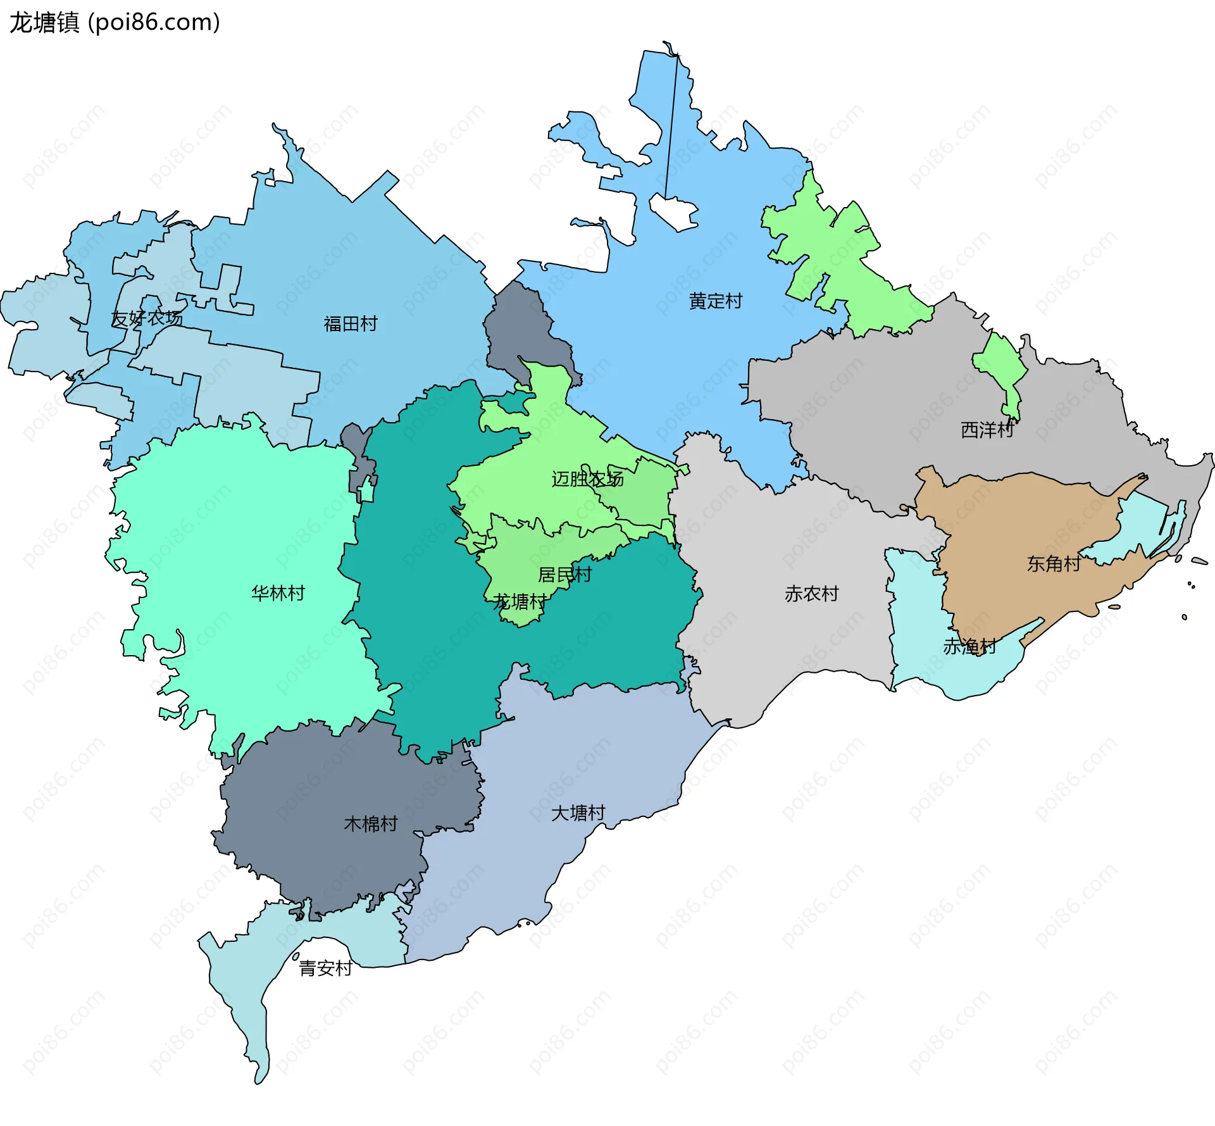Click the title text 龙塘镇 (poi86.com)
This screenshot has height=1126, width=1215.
pyautogui.click(x=115, y=23)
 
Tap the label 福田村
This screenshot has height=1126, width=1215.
pyautogui.click(x=350, y=324)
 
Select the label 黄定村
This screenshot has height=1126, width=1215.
pyautogui.click(x=715, y=301)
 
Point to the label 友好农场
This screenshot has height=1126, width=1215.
pyautogui.click(x=146, y=318)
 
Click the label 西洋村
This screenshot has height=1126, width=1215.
pyautogui.click(x=987, y=430)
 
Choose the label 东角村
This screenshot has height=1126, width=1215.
pyautogui.click(x=1053, y=564)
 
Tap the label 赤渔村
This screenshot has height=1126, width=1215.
pyautogui.click(x=969, y=646)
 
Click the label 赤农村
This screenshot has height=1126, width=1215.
pyautogui.click(x=811, y=594)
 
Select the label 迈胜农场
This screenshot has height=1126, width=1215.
pyautogui.click(x=587, y=479)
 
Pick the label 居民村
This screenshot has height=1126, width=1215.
pyautogui.click(x=564, y=575)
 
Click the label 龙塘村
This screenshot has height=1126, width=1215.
pyautogui.click(x=520, y=602)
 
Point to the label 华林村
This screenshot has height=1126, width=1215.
pyautogui.click(x=278, y=593)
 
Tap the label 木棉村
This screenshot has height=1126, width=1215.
pyautogui.click(x=370, y=823)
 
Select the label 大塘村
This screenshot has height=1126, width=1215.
pyautogui.click(x=578, y=813)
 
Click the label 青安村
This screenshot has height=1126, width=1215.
pyautogui.click(x=325, y=968)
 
